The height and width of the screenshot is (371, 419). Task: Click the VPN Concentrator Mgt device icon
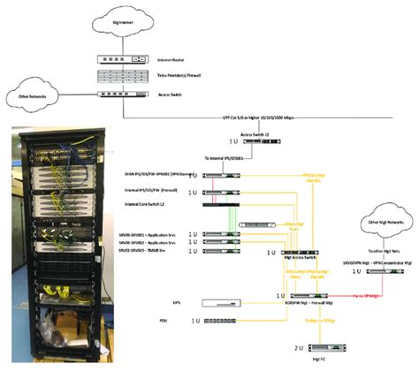(378, 275)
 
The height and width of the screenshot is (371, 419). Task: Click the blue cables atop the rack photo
(54, 146)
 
